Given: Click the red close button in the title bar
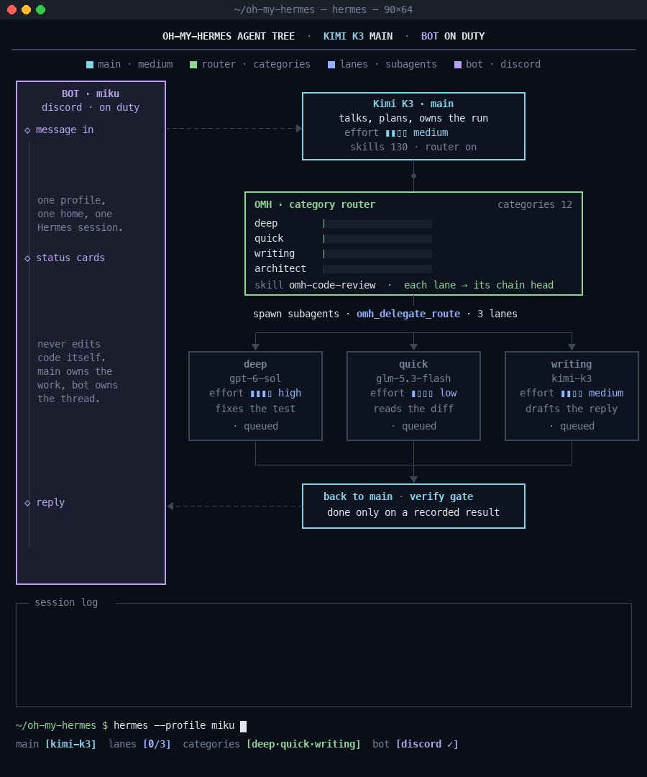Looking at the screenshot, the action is click(x=12, y=9).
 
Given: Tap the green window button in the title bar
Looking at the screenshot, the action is click(x=40, y=9).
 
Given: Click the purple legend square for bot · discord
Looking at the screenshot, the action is click(x=458, y=65).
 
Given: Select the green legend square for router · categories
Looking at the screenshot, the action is click(x=193, y=65).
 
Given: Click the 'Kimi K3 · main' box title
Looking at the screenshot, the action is click(x=413, y=104).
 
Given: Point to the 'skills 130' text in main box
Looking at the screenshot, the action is click(x=379, y=147).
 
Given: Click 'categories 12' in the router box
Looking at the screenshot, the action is click(x=535, y=204).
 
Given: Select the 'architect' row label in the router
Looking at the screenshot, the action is click(x=280, y=268).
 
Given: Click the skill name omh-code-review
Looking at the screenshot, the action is click(x=332, y=285).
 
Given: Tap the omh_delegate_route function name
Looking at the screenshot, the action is click(x=408, y=314).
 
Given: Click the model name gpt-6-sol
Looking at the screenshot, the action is click(x=255, y=378).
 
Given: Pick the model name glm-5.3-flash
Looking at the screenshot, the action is click(x=413, y=378).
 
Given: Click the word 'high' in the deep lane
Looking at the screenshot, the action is click(x=290, y=393).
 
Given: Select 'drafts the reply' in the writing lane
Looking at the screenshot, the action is click(x=572, y=409).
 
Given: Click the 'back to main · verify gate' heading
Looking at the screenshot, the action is click(x=398, y=496).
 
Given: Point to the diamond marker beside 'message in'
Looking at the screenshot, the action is click(x=27, y=130).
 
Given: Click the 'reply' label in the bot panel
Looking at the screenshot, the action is click(x=50, y=502).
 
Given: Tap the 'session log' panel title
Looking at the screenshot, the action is click(x=66, y=603).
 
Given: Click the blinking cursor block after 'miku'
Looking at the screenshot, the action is click(x=243, y=726).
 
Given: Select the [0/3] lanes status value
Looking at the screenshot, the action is click(x=157, y=745).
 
